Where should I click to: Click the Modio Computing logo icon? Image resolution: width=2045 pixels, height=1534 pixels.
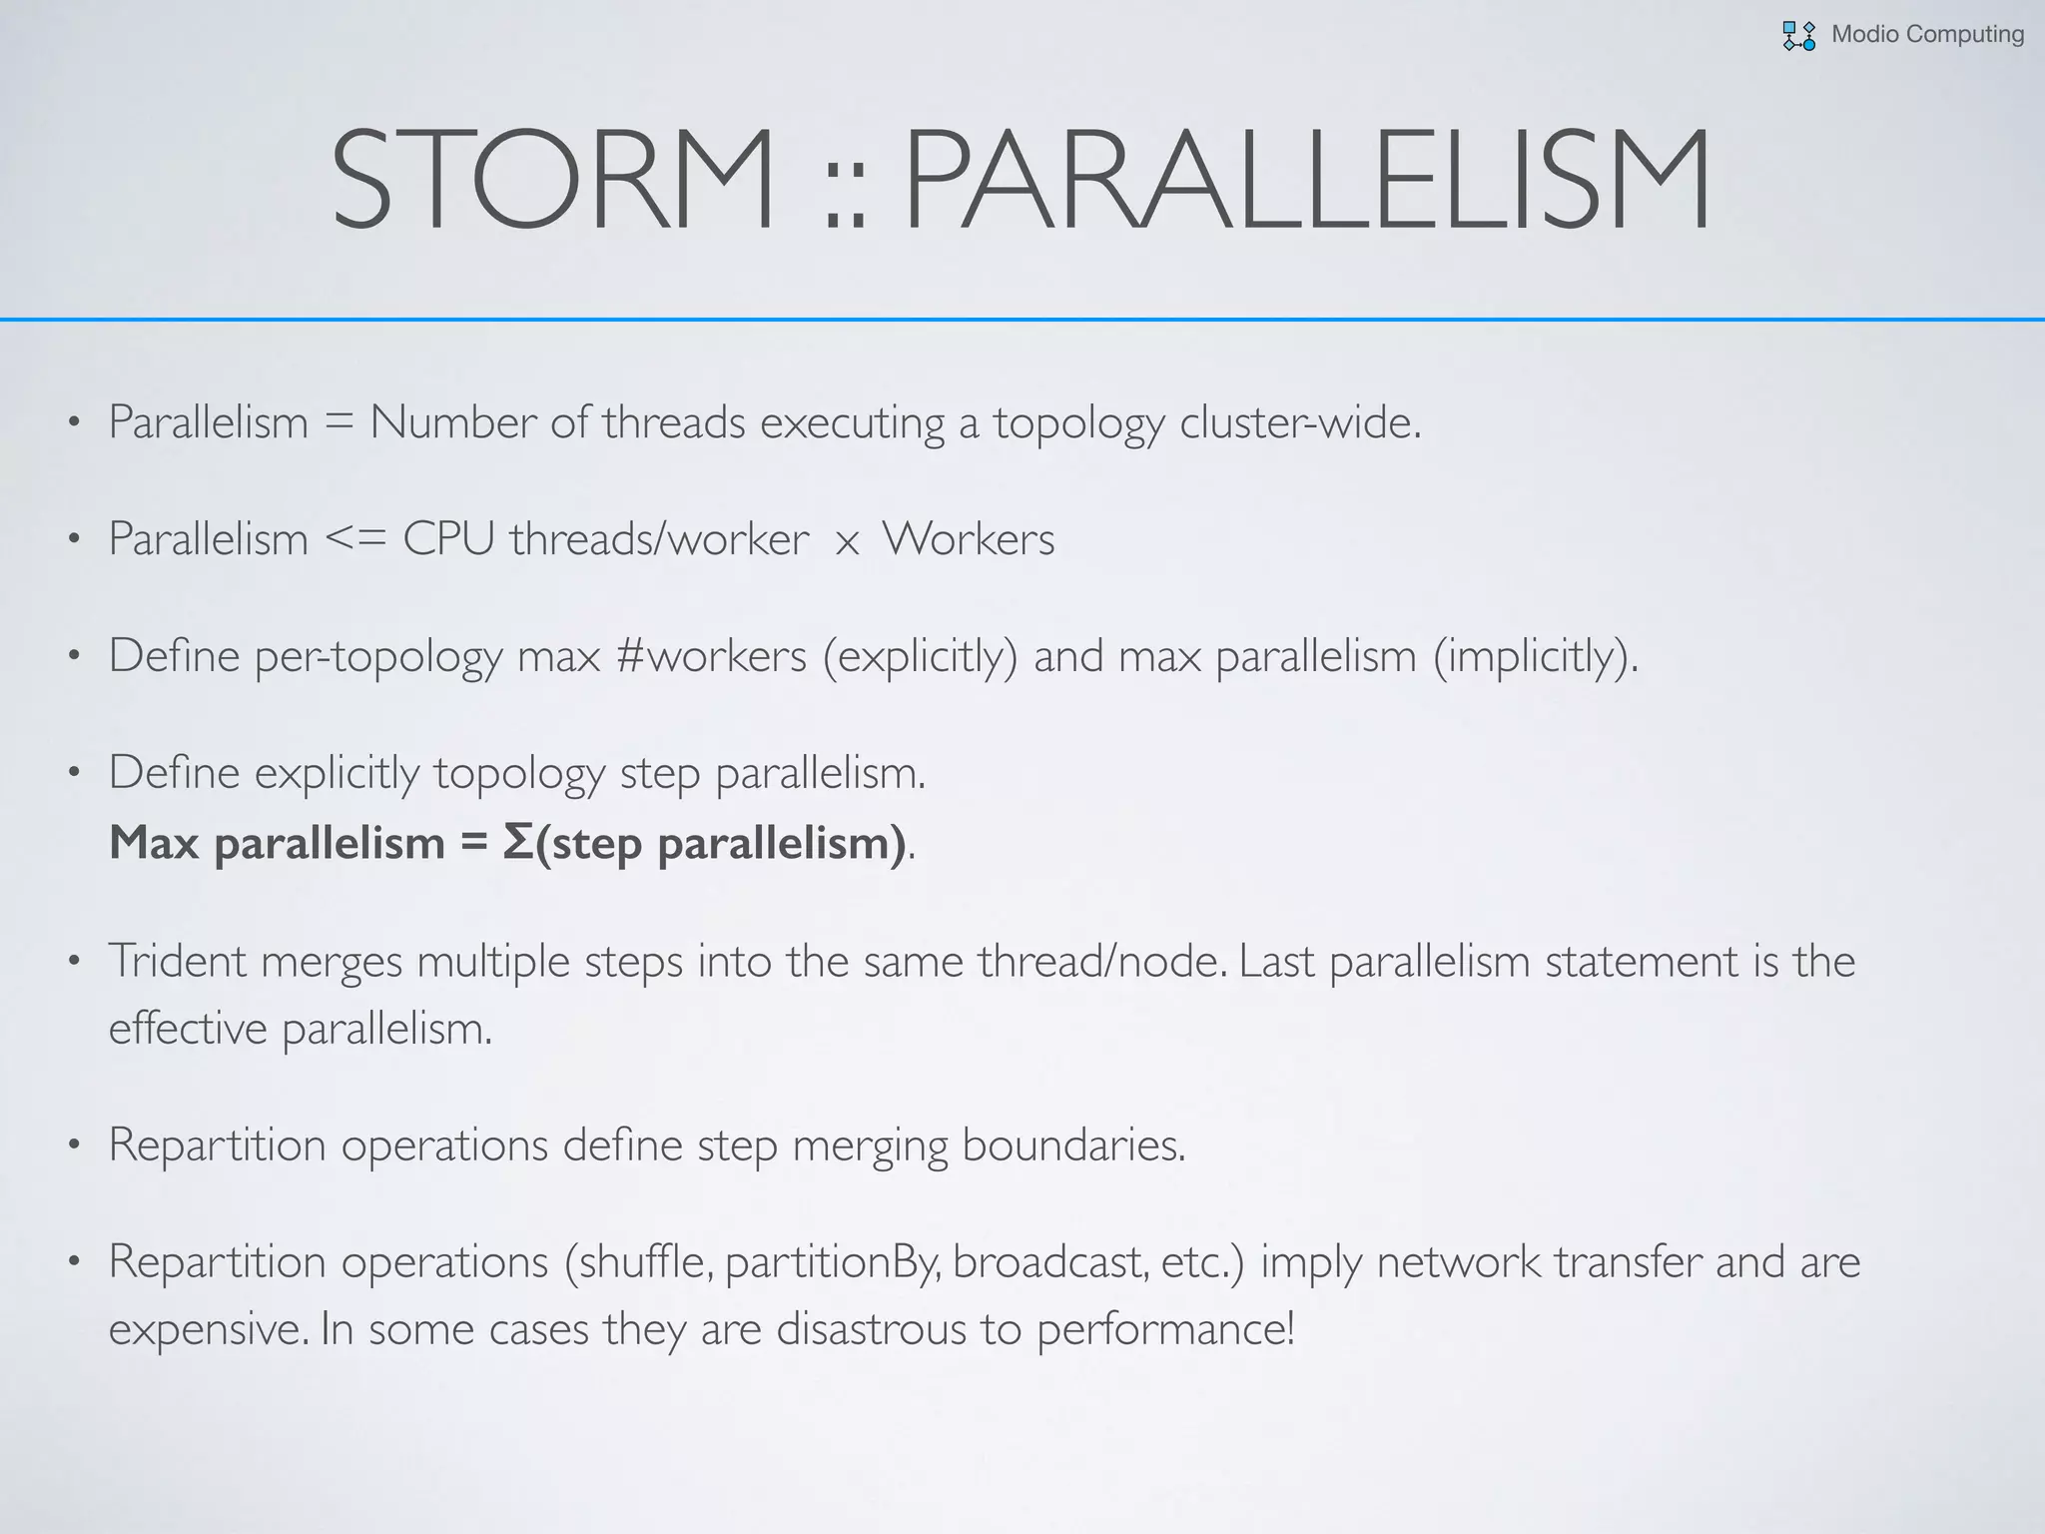(x=1798, y=36)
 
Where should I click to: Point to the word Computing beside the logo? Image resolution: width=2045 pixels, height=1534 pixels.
(x=1964, y=34)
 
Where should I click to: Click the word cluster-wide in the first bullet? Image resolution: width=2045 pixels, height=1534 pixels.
(x=1299, y=422)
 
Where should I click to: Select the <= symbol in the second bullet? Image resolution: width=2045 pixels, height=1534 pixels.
(x=355, y=539)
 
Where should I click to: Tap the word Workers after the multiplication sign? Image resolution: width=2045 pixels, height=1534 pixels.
(x=968, y=539)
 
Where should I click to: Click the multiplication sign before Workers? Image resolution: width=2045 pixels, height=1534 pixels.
(x=847, y=543)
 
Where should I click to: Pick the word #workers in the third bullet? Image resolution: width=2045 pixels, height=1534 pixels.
(x=711, y=656)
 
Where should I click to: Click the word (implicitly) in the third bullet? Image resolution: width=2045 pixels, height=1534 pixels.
(x=1536, y=656)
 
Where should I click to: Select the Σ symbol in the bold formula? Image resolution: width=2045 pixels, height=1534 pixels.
(x=518, y=842)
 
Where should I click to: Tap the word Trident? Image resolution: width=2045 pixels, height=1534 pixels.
(x=177, y=961)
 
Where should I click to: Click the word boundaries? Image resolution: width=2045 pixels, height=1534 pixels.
(x=1073, y=1145)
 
